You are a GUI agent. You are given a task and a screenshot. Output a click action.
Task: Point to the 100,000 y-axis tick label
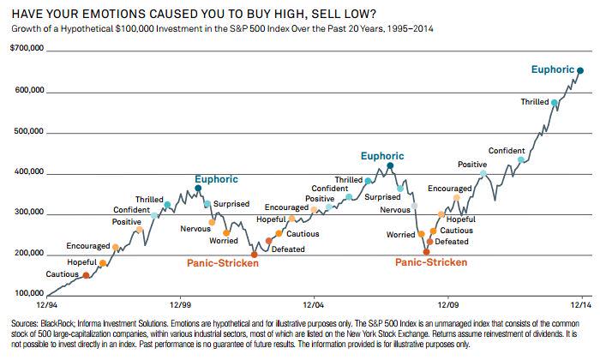[x=23, y=294]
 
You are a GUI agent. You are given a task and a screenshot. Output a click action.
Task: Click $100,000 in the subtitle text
[x=128, y=28]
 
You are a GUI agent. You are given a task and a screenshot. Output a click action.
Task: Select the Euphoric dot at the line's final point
[x=579, y=71]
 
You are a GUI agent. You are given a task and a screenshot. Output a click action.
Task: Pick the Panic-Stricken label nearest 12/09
[x=431, y=262]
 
